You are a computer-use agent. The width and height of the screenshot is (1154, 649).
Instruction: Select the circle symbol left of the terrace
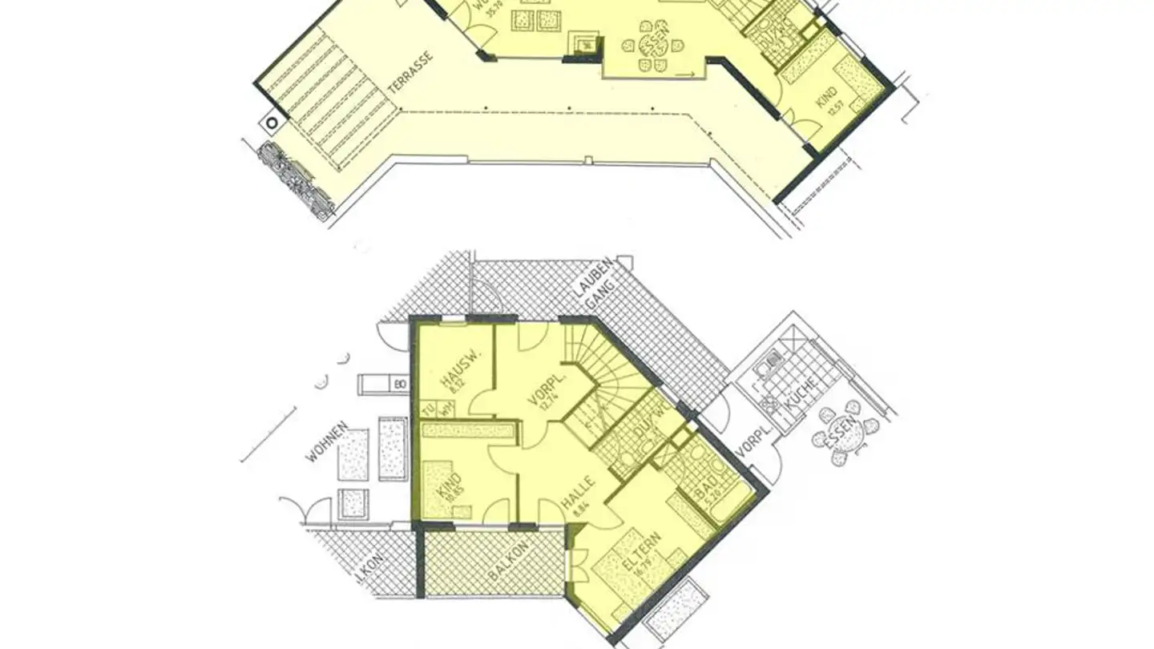(x=273, y=123)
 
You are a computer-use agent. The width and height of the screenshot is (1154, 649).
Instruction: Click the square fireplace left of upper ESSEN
(x=586, y=44)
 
